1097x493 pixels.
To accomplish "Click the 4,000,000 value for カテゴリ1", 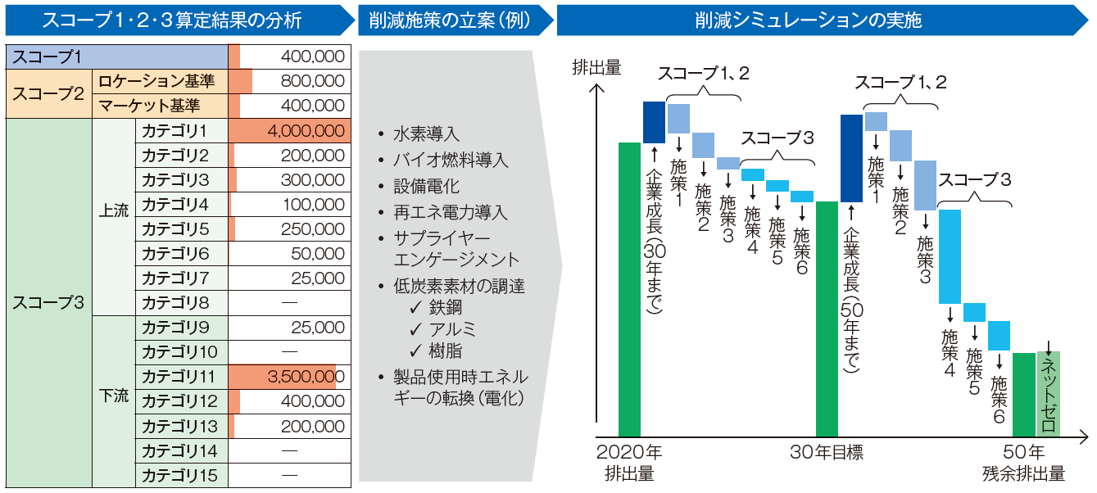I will point(305,131).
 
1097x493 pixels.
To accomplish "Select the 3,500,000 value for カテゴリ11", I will point(301,378).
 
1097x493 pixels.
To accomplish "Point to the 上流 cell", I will point(113,211).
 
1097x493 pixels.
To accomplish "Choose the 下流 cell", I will point(113,396).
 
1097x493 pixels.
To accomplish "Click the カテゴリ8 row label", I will point(175,303).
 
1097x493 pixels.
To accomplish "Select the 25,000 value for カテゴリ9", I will point(317,328).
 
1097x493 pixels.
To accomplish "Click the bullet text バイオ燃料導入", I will point(451,160).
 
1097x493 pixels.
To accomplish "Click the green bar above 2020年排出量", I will point(629,289).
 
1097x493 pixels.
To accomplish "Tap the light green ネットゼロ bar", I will point(1049,394).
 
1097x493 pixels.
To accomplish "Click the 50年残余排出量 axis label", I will point(1023,463).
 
